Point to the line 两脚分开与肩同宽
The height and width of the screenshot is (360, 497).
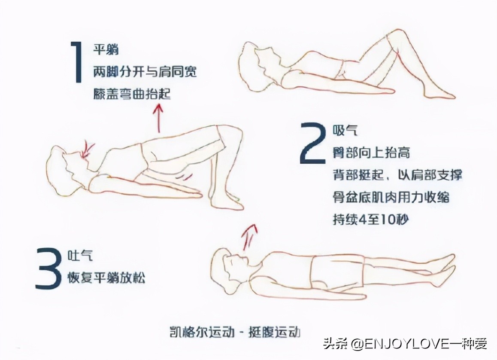pos(145,72)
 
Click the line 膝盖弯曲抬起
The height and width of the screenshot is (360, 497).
pos(132,94)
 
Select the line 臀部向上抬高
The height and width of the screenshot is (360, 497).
pos(371,152)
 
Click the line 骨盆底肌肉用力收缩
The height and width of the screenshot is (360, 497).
pos(391,197)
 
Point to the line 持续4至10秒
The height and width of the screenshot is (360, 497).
pos(371,220)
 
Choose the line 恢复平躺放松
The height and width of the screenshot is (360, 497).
pos(106,278)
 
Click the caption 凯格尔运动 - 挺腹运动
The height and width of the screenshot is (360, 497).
pos(234,332)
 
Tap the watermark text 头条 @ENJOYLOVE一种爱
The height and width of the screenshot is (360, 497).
pos(405,344)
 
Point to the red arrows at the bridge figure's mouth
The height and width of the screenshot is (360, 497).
pos(89,149)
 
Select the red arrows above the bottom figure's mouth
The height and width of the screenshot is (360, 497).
pos(249,236)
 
